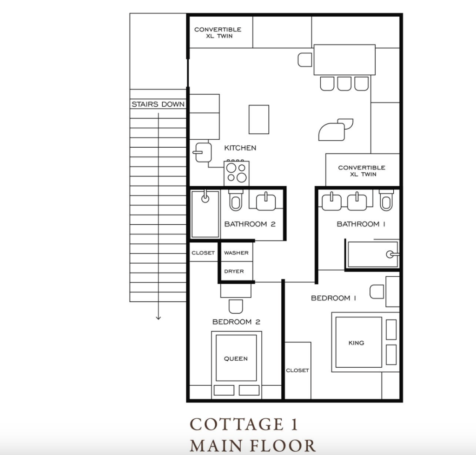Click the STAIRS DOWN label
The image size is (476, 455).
(x=158, y=104)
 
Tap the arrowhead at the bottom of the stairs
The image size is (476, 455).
(x=158, y=318)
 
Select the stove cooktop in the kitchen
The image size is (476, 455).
(x=237, y=173)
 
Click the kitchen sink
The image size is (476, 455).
(x=203, y=152)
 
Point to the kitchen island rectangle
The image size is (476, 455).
(x=258, y=119)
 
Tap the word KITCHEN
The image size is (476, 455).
(x=240, y=148)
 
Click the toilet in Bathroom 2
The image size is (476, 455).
(x=236, y=201)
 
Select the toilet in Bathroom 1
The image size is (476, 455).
(x=386, y=200)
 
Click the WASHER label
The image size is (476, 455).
(x=236, y=253)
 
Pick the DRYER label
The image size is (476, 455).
(x=234, y=271)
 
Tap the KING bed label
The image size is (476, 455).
(x=356, y=343)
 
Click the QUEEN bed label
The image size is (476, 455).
(x=236, y=358)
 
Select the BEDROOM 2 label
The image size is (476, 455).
(x=236, y=322)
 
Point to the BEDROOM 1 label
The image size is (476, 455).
(x=333, y=298)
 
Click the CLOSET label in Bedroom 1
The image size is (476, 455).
(x=297, y=370)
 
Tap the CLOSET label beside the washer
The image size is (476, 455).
(x=203, y=253)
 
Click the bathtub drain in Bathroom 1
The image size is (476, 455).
(x=390, y=254)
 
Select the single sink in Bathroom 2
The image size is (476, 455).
(x=266, y=201)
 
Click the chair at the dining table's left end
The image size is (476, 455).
(x=305, y=60)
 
